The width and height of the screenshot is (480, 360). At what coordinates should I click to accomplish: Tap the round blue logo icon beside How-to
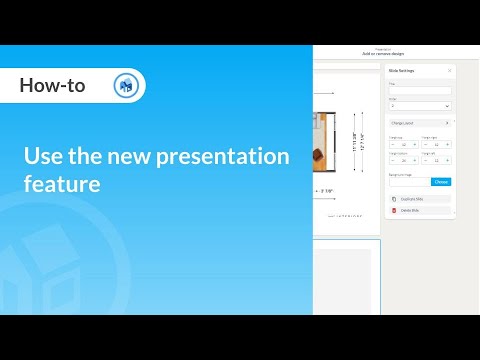click(126, 86)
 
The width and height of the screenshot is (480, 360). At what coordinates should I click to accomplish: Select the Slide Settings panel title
click(403, 71)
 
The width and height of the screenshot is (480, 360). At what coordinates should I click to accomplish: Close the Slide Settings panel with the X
click(449, 71)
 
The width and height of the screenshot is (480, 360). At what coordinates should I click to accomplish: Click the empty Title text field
click(420, 89)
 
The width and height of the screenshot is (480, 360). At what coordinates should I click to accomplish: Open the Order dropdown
click(420, 105)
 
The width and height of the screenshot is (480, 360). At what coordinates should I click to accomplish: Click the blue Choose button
click(441, 182)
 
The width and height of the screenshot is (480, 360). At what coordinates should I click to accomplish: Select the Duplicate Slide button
click(420, 199)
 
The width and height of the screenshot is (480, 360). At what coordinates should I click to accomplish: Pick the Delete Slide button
click(420, 210)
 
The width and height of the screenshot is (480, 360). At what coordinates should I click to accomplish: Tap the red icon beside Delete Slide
click(394, 210)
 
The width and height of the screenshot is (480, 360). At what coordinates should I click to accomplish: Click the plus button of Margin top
click(414, 144)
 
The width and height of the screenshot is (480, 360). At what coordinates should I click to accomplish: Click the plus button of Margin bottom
click(414, 160)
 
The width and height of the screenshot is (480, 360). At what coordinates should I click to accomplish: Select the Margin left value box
click(437, 160)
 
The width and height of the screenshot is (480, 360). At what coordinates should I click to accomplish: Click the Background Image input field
click(409, 182)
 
